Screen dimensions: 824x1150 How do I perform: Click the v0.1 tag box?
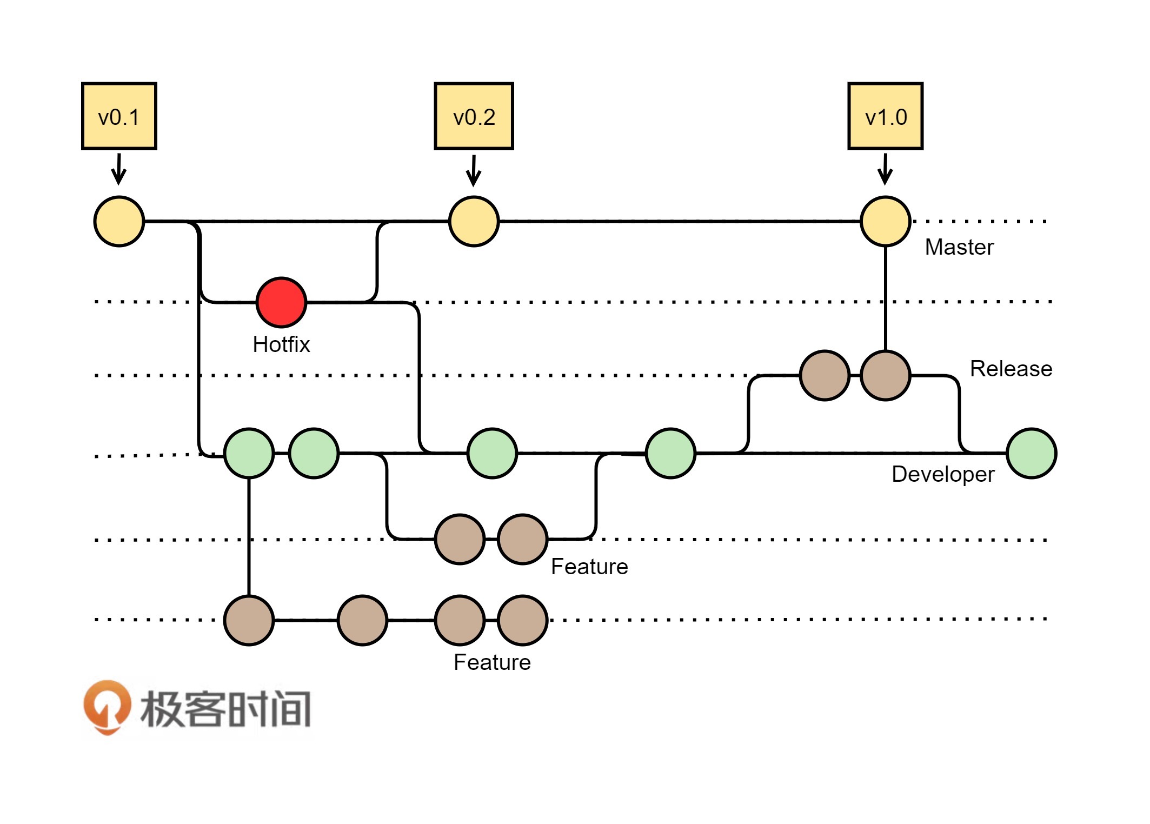(x=119, y=116)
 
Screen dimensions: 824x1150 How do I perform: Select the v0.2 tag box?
(x=474, y=116)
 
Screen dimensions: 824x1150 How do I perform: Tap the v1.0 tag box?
(x=885, y=116)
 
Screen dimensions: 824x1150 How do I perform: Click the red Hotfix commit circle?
(x=281, y=302)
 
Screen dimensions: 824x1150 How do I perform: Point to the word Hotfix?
(x=281, y=344)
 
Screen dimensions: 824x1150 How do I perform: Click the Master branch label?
(x=959, y=247)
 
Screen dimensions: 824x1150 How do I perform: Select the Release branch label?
(x=1011, y=369)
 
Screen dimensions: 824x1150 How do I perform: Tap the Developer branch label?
(x=942, y=474)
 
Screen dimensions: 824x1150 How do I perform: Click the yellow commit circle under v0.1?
(x=119, y=221)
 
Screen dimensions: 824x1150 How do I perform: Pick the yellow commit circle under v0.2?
(x=474, y=221)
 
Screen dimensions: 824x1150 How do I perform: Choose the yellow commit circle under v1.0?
(x=885, y=221)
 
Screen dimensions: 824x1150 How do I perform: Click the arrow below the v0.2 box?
(x=474, y=170)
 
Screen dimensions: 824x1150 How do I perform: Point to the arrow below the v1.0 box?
(x=885, y=169)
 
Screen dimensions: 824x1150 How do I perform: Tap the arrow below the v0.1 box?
(x=119, y=169)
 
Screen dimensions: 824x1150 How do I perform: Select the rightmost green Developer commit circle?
(x=1031, y=453)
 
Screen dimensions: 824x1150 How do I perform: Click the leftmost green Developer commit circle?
(x=249, y=453)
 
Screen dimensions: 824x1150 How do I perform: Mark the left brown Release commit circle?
(x=825, y=375)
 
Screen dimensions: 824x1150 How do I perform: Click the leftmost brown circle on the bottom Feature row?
(x=249, y=620)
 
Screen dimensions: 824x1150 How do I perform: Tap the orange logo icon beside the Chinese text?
(x=107, y=706)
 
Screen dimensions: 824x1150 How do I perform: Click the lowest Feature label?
(x=492, y=662)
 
